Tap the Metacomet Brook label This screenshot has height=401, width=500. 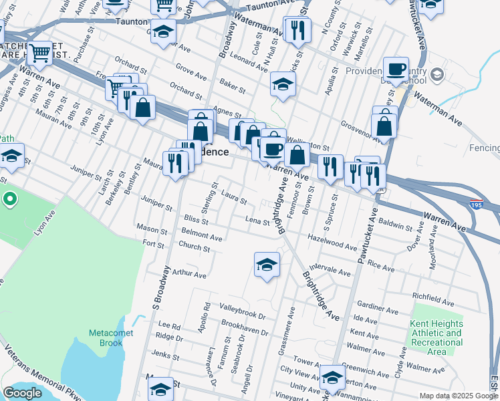click(106, 338)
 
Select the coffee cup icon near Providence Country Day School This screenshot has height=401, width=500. click(396, 69)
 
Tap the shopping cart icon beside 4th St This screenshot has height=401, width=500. click(40, 53)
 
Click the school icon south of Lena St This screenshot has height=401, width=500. click(266, 265)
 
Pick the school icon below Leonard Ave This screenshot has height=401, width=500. click(283, 84)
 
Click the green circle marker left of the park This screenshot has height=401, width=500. click(9, 199)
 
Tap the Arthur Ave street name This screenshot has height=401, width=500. click(189, 273)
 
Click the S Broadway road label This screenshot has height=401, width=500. click(160, 287)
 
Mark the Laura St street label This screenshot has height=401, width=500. click(234, 199)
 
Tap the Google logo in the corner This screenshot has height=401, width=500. click(23, 393)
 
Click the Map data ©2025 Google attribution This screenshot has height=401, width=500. click(459, 396)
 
